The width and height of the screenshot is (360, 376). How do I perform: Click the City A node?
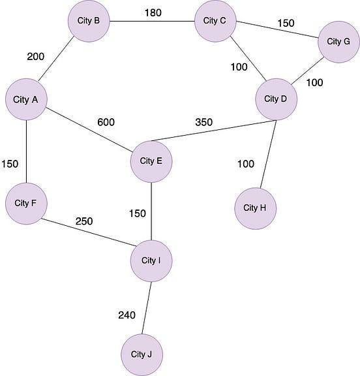coord(25,100)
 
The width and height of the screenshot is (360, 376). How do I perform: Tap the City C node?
coord(215,21)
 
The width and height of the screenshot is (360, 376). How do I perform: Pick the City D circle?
coord(276,99)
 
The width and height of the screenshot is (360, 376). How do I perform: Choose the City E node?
coord(151,161)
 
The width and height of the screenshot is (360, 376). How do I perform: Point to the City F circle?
coord(25,202)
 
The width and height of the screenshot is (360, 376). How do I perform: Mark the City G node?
coord(338,42)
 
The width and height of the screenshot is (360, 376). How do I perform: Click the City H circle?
coord(256,208)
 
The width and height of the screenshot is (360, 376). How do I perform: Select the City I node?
coord(151,261)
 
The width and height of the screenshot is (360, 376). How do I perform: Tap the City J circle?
coord(142,354)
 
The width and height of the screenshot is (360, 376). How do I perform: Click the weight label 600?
coord(106,122)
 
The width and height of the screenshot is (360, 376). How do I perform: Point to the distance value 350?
coord(203,122)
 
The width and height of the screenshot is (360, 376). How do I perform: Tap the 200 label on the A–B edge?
coord(36,56)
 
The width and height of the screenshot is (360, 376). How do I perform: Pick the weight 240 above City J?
coord(127,315)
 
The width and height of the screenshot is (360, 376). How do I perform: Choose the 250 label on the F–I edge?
coord(83,221)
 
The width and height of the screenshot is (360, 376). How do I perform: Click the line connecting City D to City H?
coord(267,154)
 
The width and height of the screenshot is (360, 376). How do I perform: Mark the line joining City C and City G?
coord(277,31)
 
